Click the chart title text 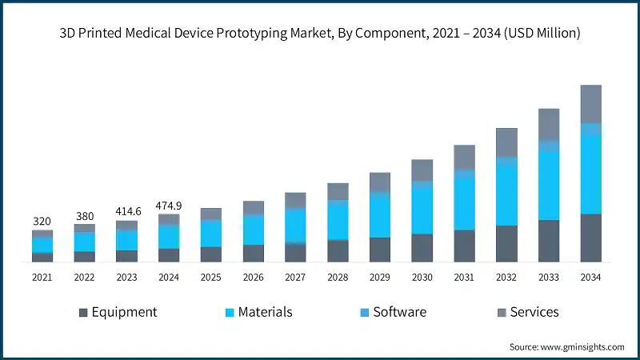[x=320, y=34]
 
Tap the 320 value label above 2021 [x=42, y=221]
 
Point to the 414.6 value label [x=126, y=211]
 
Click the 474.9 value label [x=168, y=205]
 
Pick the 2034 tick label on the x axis [x=590, y=277]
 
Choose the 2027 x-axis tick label [x=295, y=277]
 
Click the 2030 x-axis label [x=422, y=277]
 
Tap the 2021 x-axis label [x=42, y=277]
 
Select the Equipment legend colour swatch [x=82, y=312]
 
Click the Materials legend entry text [x=265, y=312]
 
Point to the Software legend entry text [x=399, y=312]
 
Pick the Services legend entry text [x=534, y=312]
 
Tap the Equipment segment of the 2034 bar [x=590, y=238]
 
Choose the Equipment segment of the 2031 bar [x=464, y=246]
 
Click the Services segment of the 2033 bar [x=548, y=124]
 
